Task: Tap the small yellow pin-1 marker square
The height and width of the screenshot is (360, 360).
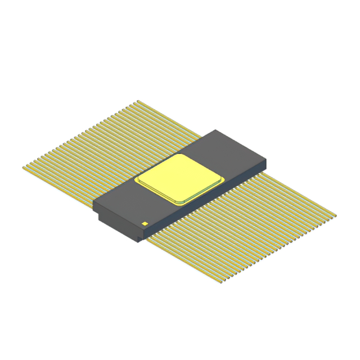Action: [x=145, y=223]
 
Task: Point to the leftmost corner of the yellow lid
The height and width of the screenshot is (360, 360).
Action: [x=136, y=181]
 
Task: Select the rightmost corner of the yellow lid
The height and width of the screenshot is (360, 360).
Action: [x=224, y=178]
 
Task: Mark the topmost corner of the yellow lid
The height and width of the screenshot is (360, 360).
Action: [x=181, y=154]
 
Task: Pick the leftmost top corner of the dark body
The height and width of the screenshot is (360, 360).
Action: [x=93, y=202]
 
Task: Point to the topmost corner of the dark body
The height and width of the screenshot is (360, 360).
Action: [x=217, y=130]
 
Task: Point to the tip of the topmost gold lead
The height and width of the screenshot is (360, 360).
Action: [x=138, y=101]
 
